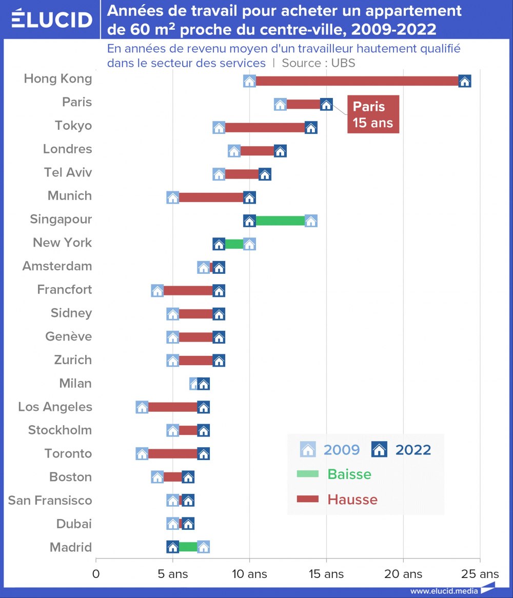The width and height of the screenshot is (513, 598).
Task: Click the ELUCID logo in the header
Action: pos(51,19)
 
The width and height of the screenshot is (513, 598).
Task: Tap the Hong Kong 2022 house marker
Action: pos(465,81)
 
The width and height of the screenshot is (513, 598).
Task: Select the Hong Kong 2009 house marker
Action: pos(249,81)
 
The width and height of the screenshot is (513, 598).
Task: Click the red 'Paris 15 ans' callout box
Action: pos(373,114)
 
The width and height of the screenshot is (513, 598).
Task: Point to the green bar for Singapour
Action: pos(280,221)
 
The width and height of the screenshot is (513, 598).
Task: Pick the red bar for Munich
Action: pos(211,197)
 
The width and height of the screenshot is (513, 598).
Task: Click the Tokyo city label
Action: pos(73,126)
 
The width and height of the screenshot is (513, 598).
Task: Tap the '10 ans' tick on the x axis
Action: pos(250,573)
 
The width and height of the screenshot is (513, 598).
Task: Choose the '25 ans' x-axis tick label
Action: pos(480,573)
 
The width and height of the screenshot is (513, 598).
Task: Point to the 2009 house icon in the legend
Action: pos(308,450)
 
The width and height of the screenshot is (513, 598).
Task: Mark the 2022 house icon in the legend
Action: pos(379,450)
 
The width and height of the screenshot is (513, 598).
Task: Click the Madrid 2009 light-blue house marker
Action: pos(203,547)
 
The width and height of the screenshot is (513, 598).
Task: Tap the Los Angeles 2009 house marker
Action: pos(142,407)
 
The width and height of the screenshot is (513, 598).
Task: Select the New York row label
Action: pos(62,243)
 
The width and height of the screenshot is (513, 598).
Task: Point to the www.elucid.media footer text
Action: pos(444,591)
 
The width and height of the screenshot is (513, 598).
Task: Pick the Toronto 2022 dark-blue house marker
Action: pos(203,454)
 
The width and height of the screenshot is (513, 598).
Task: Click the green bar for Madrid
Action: pos(188,547)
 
